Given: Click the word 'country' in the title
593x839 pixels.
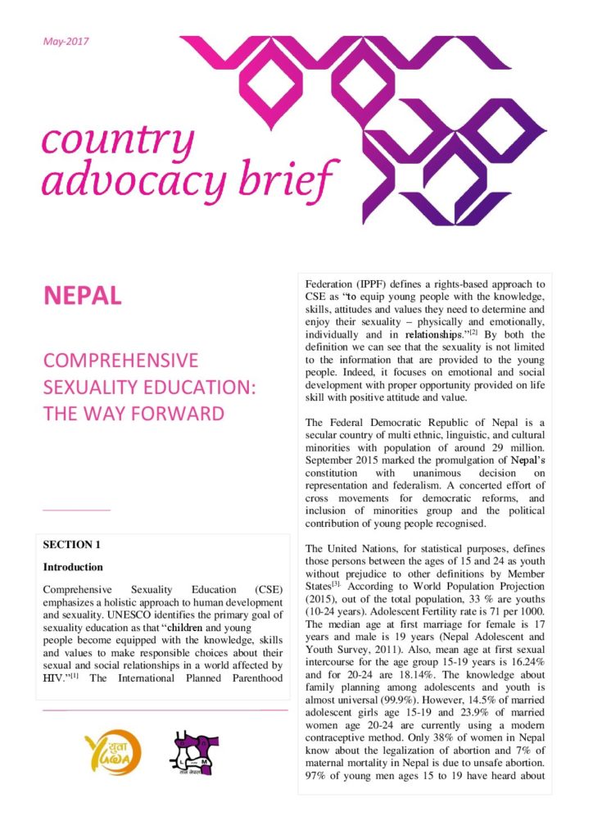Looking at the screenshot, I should tap(118, 141).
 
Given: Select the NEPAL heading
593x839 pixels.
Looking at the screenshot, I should tap(82, 296).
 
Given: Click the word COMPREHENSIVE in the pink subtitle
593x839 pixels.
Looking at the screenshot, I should tap(120, 361).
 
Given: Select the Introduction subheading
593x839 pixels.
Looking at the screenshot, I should tap(73, 567).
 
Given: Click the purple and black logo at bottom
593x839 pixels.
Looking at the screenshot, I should tap(195, 755).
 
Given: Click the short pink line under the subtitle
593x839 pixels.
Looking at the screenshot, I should tap(75, 510).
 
